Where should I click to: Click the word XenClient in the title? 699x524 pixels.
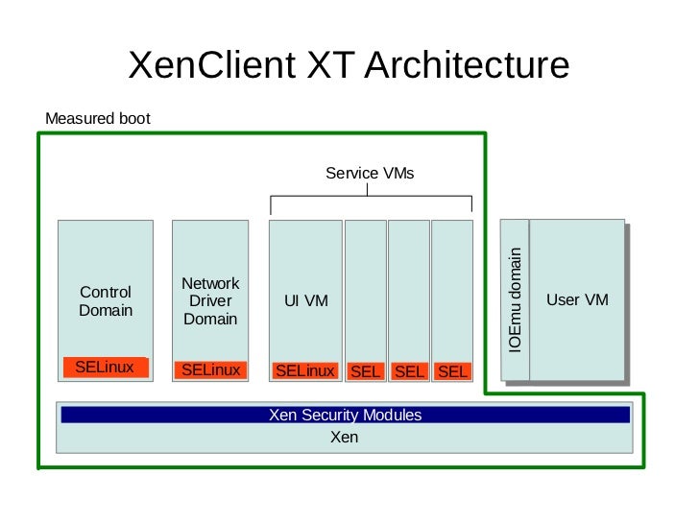click(210, 65)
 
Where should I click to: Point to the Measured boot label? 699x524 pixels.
click(98, 119)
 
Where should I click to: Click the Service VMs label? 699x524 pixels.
click(370, 174)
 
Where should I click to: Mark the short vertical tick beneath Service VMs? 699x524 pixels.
click(369, 190)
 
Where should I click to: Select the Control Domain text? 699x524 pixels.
click(106, 301)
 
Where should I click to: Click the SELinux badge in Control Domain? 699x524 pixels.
click(105, 368)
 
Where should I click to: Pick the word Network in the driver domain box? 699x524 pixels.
click(210, 284)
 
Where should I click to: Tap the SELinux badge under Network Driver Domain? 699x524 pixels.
click(210, 370)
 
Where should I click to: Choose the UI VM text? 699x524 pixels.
click(306, 301)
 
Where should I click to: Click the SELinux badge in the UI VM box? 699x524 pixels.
click(304, 371)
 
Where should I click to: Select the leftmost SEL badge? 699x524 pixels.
click(366, 371)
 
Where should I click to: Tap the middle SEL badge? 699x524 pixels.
click(409, 371)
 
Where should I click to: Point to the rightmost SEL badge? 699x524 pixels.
click(452, 371)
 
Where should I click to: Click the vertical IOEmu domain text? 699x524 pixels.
click(516, 300)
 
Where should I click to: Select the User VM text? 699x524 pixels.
click(577, 300)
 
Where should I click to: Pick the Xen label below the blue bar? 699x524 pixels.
click(344, 438)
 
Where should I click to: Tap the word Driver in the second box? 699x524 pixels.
click(210, 301)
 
